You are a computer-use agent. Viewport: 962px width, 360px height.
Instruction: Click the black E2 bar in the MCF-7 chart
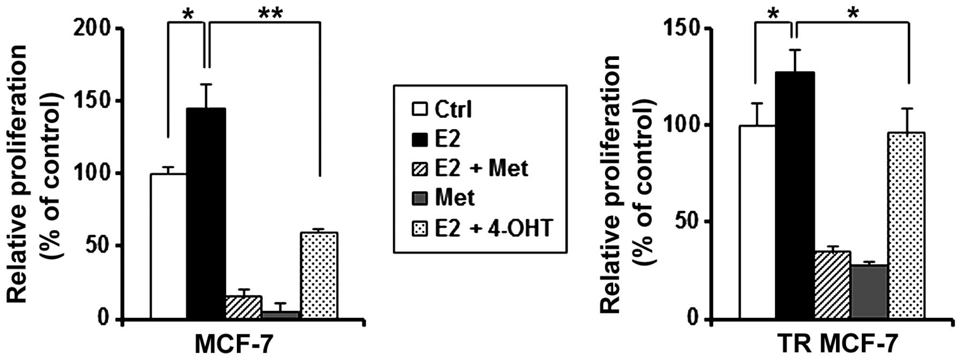206,214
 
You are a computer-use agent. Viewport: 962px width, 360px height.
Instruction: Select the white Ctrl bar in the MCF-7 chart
168,246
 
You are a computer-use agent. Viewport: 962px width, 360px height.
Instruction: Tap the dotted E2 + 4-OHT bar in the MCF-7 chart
319,276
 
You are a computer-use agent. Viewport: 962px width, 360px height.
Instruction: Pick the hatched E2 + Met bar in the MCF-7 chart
243,308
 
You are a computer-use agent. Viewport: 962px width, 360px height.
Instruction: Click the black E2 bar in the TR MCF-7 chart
794,196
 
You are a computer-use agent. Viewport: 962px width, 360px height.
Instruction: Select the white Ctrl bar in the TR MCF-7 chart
757,223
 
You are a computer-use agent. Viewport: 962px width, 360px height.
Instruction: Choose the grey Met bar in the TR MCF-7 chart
869,292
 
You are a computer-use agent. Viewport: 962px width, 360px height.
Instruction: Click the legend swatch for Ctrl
419,110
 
